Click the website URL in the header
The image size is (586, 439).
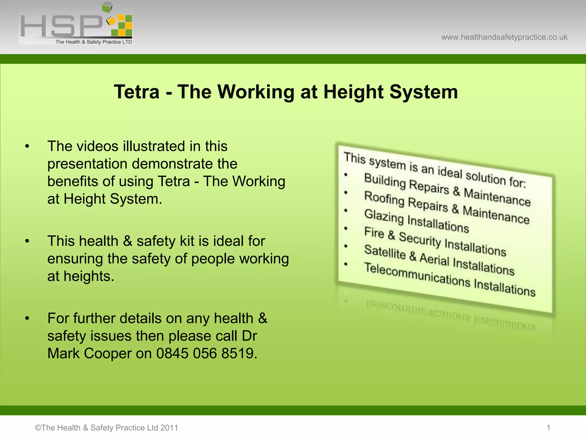tap(504, 37)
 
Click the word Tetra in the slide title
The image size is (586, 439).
tap(137, 92)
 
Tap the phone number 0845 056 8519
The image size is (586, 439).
tap(205, 353)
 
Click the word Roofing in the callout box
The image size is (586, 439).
tap(384, 198)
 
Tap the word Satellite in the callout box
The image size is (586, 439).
tap(385, 252)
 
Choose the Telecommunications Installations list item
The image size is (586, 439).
tap(450, 279)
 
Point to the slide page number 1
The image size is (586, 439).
tap(549, 428)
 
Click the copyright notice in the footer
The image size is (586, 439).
tap(106, 428)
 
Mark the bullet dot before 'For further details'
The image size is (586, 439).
tap(27, 318)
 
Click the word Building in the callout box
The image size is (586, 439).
tap(385, 181)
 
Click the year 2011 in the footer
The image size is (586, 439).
tap(169, 428)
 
